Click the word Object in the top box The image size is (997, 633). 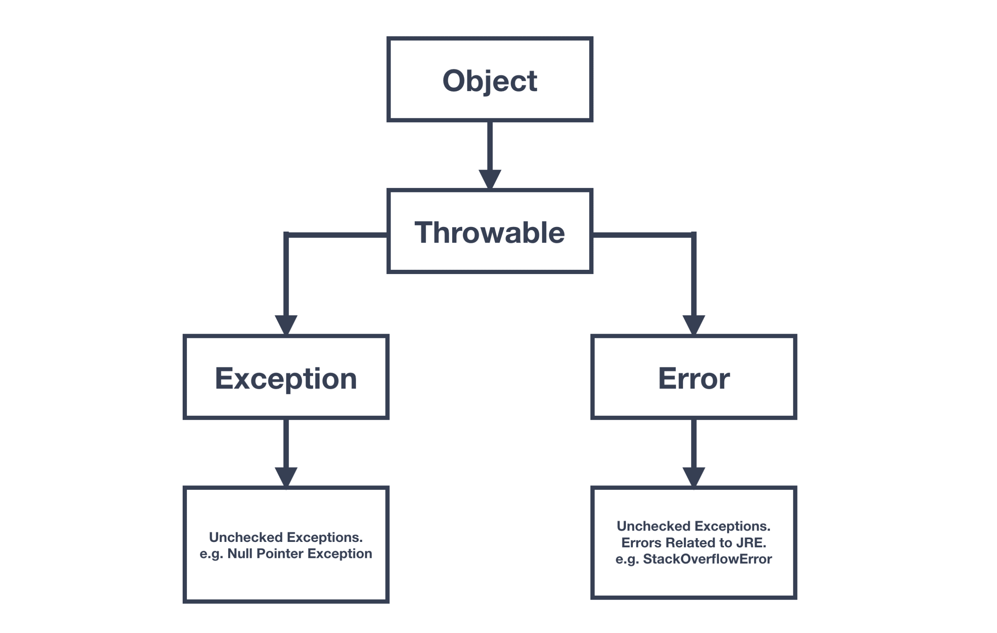point(490,81)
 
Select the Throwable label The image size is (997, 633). point(490,233)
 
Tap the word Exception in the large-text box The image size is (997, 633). point(286,378)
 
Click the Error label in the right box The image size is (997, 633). point(694,378)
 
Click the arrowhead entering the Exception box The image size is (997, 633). point(286,324)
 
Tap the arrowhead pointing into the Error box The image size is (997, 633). point(694,324)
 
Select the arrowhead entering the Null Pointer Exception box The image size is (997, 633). point(286,476)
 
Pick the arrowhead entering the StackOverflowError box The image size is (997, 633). point(694,476)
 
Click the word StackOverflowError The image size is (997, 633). point(707,559)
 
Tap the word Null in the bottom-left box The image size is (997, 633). point(240,554)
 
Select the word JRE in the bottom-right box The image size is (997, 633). point(750,542)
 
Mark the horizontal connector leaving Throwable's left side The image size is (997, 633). point(337,235)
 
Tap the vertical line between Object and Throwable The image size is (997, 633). point(490,145)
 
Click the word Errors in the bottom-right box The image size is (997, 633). point(641,542)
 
